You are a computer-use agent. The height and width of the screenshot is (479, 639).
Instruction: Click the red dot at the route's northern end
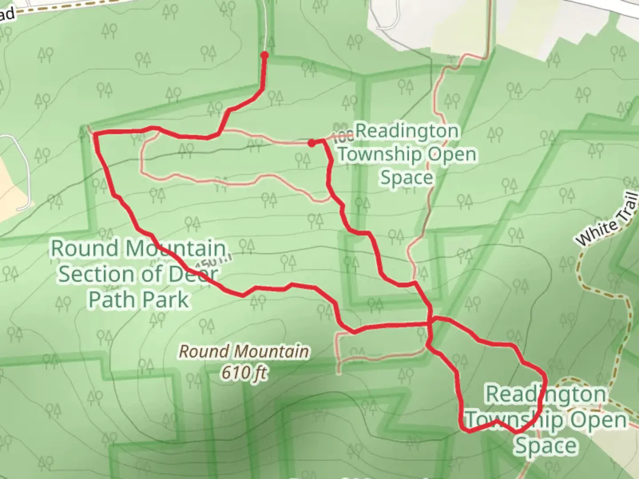pos(264,55)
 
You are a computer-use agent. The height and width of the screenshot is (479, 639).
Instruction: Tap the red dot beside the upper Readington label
pos(312,143)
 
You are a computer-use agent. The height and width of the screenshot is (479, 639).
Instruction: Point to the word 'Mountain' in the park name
pos(175,248)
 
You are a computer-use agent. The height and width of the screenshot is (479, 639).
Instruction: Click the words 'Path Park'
pos(139,299)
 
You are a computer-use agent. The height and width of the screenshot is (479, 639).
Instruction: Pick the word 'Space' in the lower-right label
pos(545,446)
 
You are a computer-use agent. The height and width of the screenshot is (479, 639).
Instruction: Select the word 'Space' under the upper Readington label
pos(406,177)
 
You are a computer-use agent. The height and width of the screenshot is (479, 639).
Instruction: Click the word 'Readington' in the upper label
pos(407,131)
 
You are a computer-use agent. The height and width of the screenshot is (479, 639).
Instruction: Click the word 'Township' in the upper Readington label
pos(380,154)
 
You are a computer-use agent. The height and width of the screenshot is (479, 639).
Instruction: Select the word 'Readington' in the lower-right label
pos(545,394)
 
